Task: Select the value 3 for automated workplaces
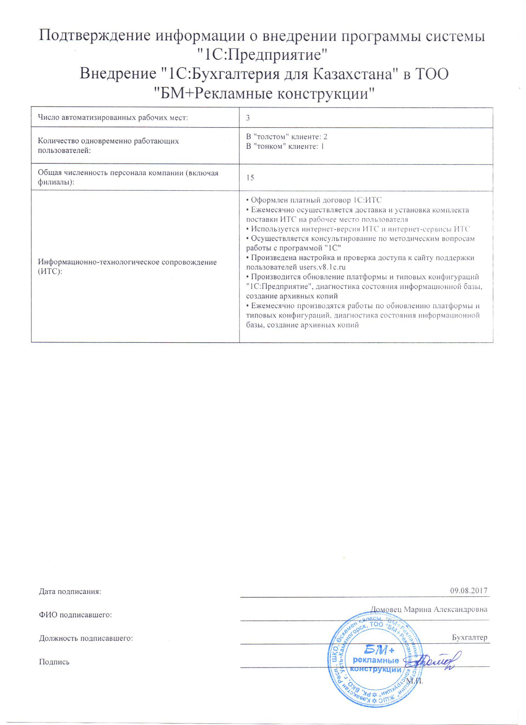coord(248,118)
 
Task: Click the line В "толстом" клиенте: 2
coord(287,137)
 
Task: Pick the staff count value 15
coord(250,178)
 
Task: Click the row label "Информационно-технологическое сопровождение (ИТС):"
coord(127,267)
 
